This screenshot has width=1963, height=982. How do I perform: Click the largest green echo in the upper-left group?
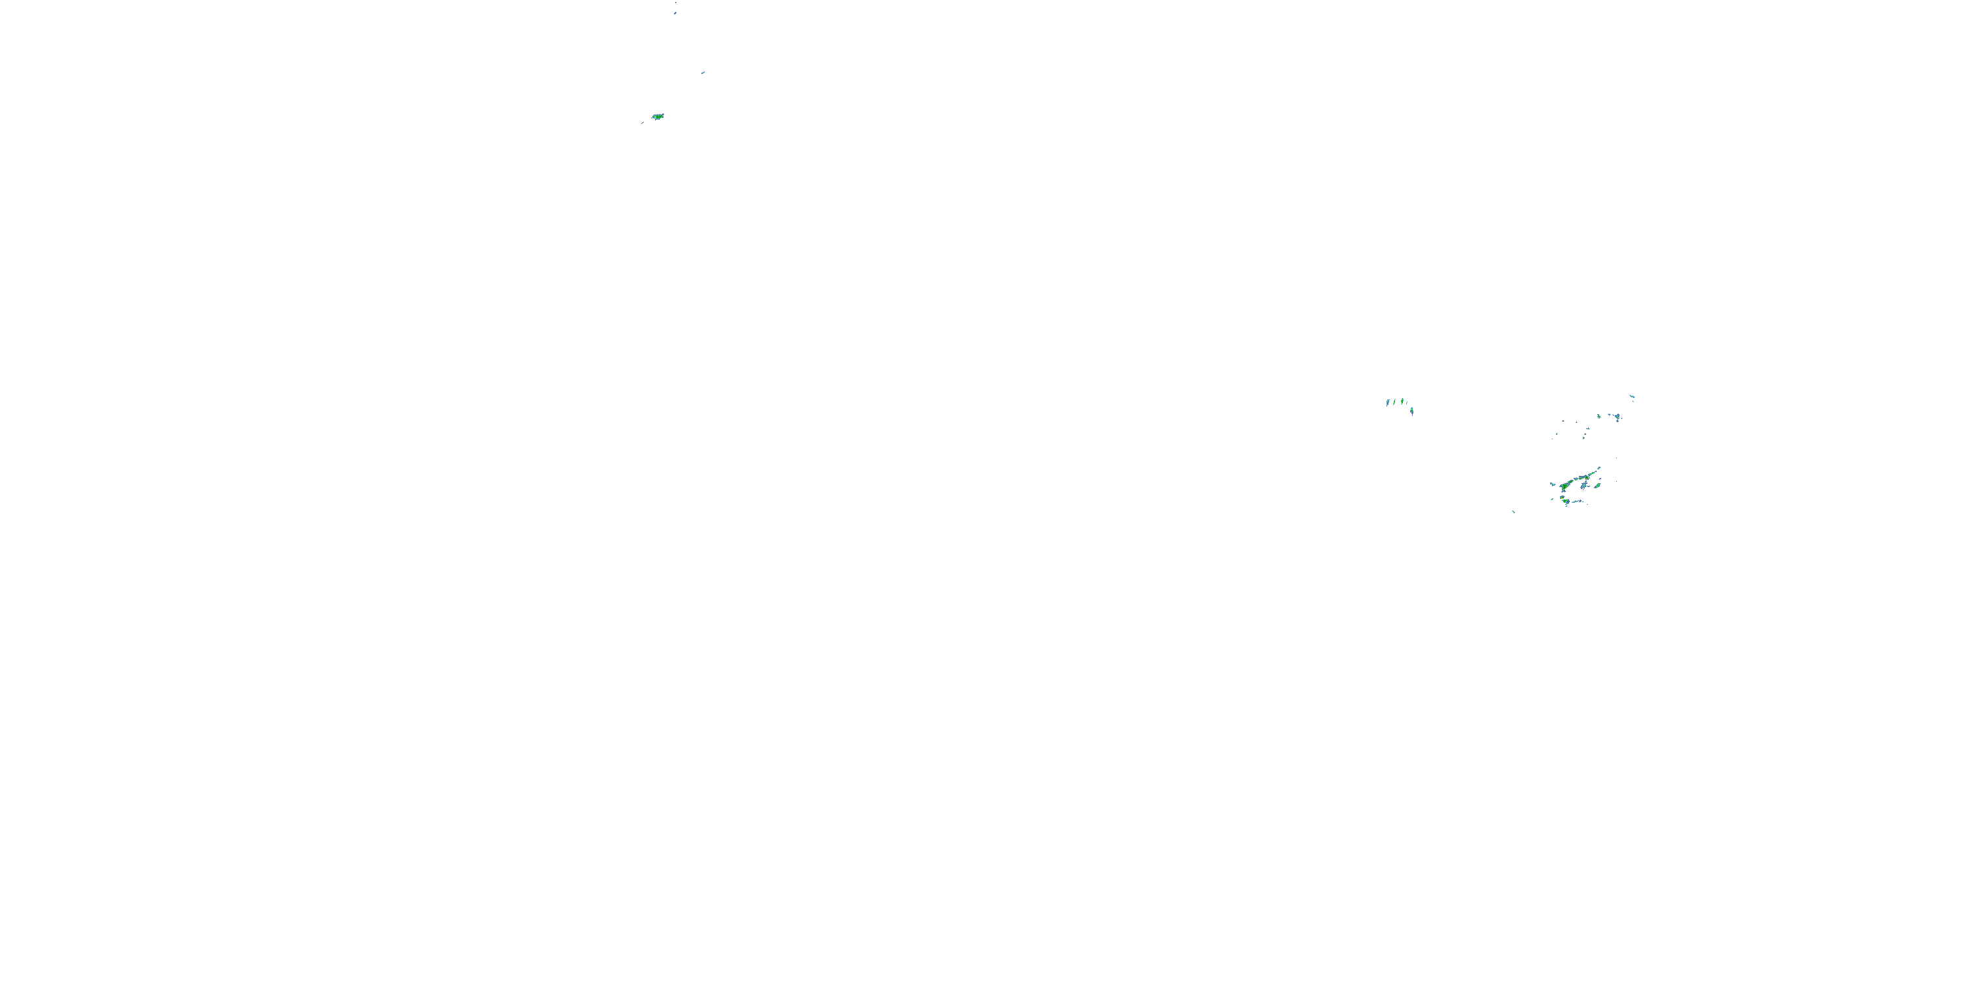[658, 117]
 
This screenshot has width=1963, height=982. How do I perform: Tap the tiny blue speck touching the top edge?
[675, 2]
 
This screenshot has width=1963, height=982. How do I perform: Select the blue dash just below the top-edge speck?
[675, 13]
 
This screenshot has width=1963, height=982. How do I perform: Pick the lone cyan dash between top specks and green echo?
[703, 73]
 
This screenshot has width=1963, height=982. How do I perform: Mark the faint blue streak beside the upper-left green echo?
[643, 122]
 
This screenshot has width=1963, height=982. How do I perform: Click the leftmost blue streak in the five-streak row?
[1388, 403]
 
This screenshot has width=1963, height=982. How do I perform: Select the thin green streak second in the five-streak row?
[1394, 402]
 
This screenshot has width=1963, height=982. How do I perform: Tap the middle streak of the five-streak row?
[1402, 401]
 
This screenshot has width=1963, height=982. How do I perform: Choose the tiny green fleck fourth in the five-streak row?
[1407, 403]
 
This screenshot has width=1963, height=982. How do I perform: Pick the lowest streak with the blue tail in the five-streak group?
[1412, 411]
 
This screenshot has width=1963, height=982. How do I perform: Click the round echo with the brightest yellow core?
[1562, 499]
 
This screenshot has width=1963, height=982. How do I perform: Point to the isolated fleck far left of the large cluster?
[1514, 513]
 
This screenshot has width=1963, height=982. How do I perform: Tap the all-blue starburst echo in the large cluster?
[1584, 486]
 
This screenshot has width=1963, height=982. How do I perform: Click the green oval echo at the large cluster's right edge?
[1598, 486]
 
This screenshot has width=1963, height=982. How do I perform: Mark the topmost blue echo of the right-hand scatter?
[1633, 397]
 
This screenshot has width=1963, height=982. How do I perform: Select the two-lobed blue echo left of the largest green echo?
[1553, 485]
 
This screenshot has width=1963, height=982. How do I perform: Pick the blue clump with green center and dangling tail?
[1618, 418]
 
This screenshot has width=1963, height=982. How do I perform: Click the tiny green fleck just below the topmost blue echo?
[1634, 402]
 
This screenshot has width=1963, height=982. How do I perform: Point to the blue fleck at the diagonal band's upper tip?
[1599, 468]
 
